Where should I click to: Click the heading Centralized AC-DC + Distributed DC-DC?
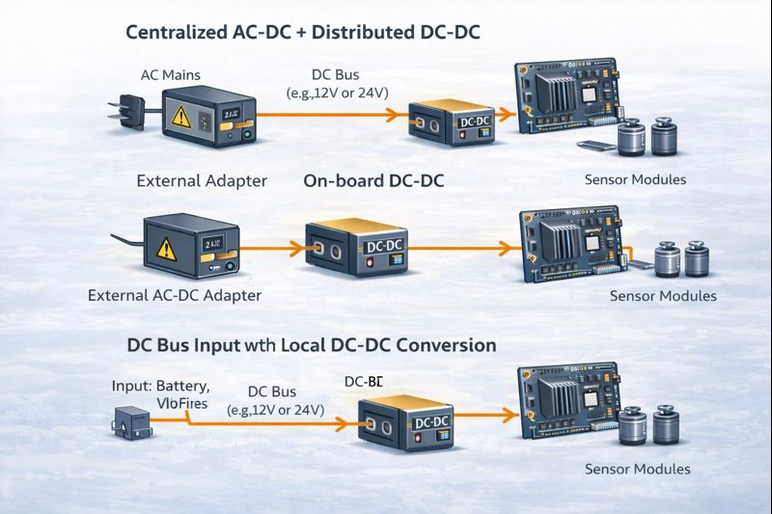click(x=303, y=33)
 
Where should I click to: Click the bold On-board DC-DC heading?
click(x=373, y=180)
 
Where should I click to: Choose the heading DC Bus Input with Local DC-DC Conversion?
click(x=312, y=344)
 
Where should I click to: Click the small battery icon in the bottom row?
click(x=128, y=421)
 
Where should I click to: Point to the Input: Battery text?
click(x=161, y=386)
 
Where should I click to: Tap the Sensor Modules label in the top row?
click(x=636, y=180)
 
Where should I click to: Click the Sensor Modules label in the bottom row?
click(x=638, y=469)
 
